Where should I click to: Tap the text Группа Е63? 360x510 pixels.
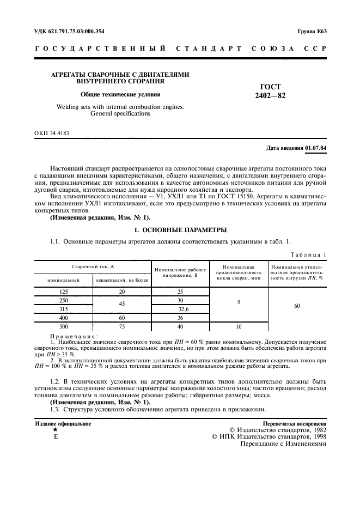coord(312,31)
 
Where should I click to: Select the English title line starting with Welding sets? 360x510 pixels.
coord(120,107)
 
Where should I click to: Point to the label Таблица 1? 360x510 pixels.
coord(308,254)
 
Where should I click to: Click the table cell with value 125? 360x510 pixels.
coord(63,292)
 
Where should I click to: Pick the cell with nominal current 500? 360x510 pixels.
coord(63,326)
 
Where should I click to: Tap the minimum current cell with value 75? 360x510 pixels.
coord(122,326)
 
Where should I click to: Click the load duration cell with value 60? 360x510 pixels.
coord(297,306)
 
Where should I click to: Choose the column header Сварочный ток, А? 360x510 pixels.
coord(93,266)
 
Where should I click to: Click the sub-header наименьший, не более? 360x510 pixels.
coord(122,281)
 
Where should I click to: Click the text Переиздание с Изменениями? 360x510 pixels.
coord(283,444)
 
